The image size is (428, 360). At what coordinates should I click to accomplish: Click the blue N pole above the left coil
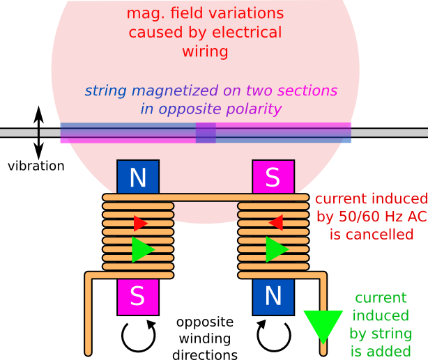point(138,178)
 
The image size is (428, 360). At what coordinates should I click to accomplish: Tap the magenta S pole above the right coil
point(273,178)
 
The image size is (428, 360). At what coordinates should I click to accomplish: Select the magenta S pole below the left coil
point(138,297)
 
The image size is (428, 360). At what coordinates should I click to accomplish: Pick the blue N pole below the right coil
point(273,297)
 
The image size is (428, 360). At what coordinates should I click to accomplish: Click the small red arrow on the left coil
point(140,223)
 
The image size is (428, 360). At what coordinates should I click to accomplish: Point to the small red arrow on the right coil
point(276,223)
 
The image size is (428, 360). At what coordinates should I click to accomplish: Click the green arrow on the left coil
point(142,249)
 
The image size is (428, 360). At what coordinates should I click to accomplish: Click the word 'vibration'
point(36,166)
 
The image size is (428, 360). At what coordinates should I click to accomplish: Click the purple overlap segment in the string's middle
point(206,132)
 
